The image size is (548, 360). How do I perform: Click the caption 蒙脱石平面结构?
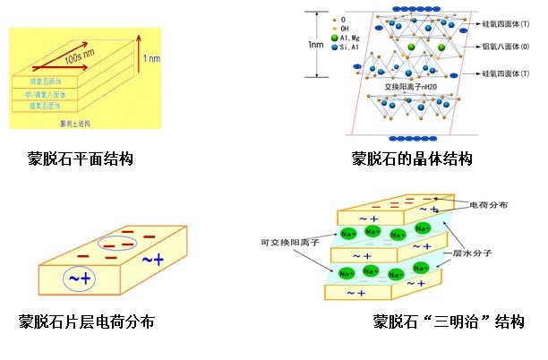(81, 159)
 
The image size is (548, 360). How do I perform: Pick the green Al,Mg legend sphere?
(333, 38)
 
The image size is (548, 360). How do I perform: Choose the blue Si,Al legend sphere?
(333, 48)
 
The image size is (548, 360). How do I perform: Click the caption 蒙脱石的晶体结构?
(411, 159)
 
